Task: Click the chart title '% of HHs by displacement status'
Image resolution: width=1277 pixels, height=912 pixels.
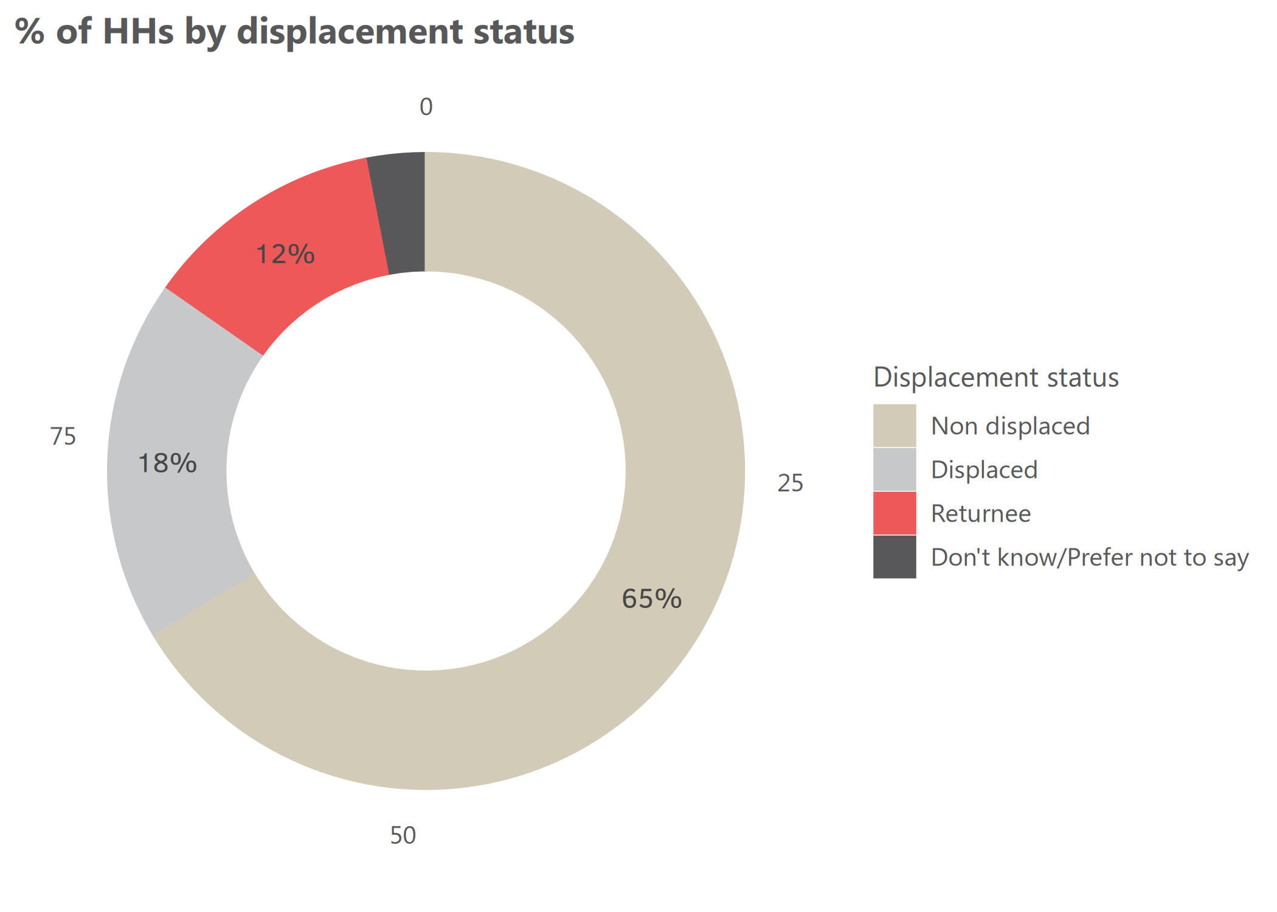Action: click(294, 32)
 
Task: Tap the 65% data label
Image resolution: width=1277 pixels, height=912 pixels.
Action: click(651, 599)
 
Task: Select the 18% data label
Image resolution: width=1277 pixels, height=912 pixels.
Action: click(167, 463)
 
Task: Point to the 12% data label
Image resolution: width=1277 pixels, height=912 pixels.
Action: click(285, 254)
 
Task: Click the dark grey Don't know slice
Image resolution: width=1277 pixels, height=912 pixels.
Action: click(402, 213)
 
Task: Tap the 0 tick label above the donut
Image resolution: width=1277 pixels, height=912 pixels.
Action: click(426, 107)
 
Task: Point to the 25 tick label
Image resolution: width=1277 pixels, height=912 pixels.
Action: click(790, 483)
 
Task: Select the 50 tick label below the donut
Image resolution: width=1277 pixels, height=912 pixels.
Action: click(403, 835)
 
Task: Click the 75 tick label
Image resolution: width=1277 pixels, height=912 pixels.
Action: click(63, 437)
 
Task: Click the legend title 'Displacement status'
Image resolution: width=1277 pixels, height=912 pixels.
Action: click(995, 377)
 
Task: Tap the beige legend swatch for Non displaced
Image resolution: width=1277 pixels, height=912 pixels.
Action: click(895, 426)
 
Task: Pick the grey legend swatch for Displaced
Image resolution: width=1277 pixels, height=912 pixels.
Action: click(895, 469)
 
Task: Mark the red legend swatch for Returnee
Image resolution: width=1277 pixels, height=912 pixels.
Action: click(895, 513)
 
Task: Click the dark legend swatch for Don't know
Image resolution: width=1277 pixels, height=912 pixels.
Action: click(895, 557)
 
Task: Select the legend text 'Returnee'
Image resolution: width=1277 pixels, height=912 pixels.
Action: click(980, 514)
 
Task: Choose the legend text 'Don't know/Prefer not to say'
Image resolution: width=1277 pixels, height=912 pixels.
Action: click(1089, 558)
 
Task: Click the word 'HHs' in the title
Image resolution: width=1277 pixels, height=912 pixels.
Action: click(138, 32)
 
